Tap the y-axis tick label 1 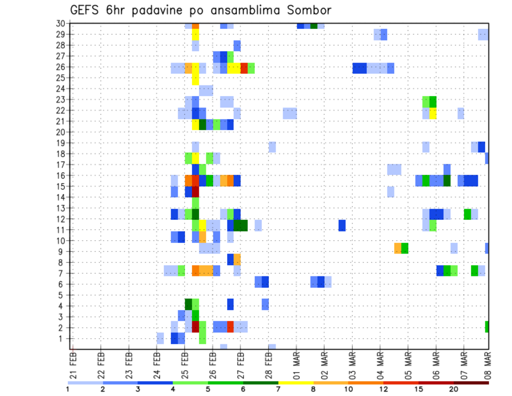62,338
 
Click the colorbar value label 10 348,389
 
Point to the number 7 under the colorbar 278,389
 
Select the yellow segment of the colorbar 295,383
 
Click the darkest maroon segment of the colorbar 471,383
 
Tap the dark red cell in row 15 195,191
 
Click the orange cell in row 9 398,248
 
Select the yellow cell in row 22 433,113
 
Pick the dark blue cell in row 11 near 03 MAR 342,226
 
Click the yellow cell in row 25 195,78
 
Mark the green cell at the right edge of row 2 487,327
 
